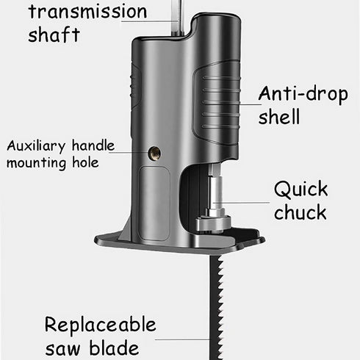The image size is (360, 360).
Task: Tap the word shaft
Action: tap(54, 35)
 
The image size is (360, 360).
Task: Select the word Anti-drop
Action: tap(301, 93)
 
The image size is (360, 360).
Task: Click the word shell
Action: tap(279, 117)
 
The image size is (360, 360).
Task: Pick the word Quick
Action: tap(300, 189)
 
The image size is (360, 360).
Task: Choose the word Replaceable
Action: tap(100, 325)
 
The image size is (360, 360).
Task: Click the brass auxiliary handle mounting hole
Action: tap(155, 153)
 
